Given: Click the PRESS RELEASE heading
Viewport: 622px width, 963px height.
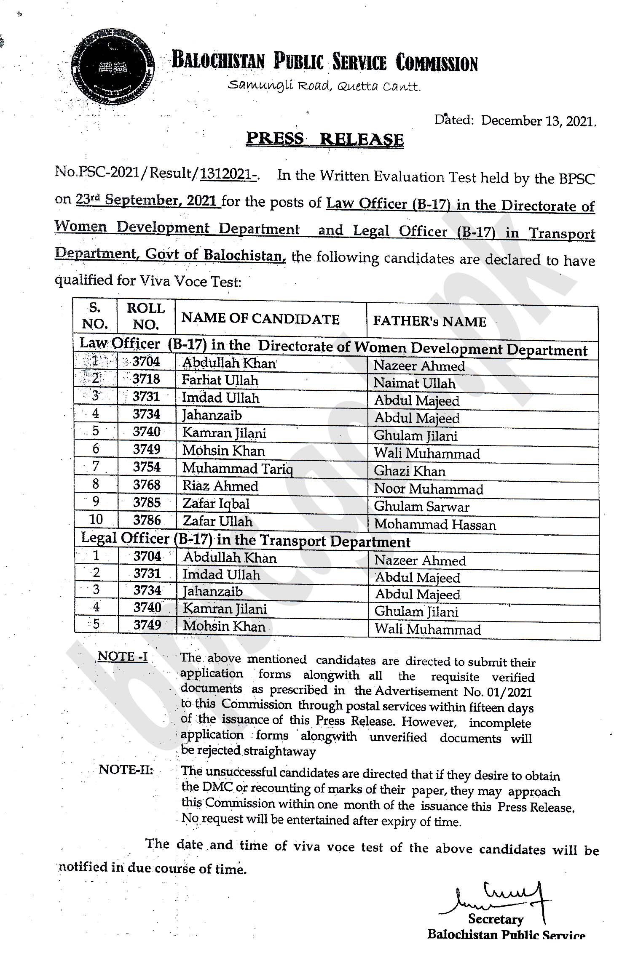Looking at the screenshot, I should [x=324, y=139].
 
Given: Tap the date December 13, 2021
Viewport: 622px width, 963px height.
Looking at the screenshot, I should [x=538, y=121].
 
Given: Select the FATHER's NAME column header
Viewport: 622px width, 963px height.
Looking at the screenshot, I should [x=429, y=322].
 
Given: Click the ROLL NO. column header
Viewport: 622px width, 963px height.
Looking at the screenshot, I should [x=146, y=316].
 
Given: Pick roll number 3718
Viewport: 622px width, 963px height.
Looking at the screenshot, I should [x=146, y=379].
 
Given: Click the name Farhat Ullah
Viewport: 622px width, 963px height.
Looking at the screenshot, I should [x=220, y=381].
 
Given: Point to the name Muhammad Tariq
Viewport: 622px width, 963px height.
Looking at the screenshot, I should [x=238, y=469].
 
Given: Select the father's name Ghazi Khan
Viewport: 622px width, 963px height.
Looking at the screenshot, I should [x=410, y=471].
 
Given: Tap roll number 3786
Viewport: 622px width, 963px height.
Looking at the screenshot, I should [x=147, y=521].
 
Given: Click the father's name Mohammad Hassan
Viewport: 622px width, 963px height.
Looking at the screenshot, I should [x=435, y=525].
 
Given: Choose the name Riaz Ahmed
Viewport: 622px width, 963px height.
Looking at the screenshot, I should [x=220, y=486].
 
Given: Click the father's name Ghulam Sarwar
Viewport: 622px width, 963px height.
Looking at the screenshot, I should [x=421, y=507].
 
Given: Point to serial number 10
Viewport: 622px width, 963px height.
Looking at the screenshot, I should [x=96, y=520].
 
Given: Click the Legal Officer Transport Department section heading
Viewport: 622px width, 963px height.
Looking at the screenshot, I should [x=245, y=540].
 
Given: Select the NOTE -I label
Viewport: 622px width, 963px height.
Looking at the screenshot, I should [x=122, y=657].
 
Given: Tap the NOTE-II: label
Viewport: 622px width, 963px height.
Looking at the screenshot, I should [x=126, y=770].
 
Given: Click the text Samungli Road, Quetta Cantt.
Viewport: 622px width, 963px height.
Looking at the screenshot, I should [x=324, y=86].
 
